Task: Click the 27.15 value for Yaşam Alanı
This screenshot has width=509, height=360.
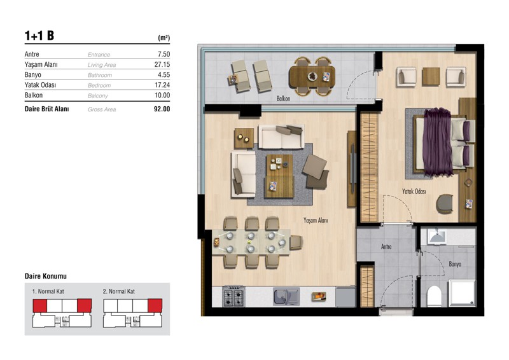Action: tap(162, 64)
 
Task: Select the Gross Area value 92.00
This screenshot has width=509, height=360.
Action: tap(162, 109)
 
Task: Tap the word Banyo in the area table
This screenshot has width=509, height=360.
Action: tap(33, 74)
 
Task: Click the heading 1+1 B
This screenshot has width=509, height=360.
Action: tap(39, 36)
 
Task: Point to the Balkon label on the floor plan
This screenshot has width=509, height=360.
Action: tap(283, 99)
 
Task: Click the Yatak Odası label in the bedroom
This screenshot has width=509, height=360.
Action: tap(414, 191)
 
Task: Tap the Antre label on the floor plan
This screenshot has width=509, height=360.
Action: tap(386, 247)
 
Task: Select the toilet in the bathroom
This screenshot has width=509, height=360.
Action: tap(435, 296)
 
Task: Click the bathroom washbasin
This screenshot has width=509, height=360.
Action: tap(438, 237)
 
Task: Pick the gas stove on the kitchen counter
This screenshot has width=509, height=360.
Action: tap(234, 297)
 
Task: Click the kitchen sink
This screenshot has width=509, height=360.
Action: tap(286, 296)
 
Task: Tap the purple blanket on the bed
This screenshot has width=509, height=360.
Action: tap(437, 142)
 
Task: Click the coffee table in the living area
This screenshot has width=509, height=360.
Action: tap(279, 176)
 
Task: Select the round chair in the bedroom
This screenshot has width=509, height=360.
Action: tap(445, 204)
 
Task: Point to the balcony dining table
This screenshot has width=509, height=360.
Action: tap(312, 76)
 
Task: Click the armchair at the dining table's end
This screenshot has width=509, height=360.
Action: tap(296, 242)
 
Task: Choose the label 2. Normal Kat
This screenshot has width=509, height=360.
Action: tap(119, 291)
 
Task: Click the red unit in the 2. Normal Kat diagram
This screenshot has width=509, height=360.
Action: tap(155, 306)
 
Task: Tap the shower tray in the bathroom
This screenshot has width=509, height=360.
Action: tap(463, 293)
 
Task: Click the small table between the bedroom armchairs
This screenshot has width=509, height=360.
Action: tap(431, 76)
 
